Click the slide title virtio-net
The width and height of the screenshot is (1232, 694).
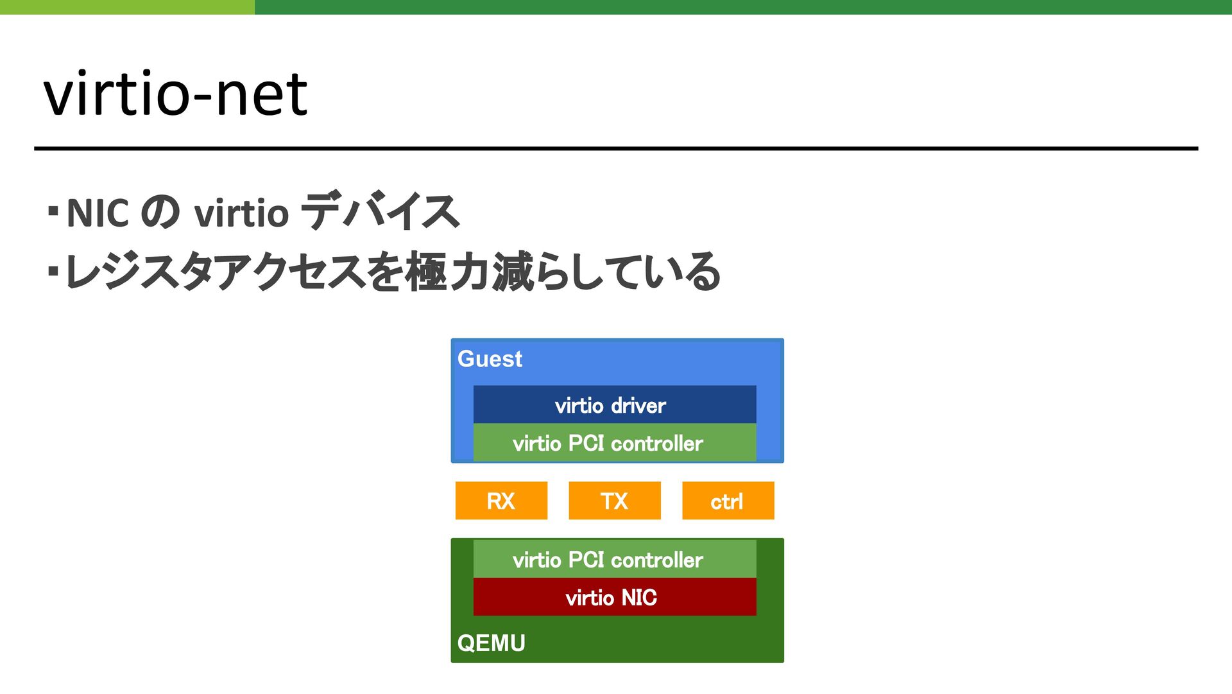[x=175, y=94]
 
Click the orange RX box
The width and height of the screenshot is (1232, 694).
[x=501, y=501]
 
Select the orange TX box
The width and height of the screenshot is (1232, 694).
[x=615, y=501]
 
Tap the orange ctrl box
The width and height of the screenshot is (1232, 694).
[x=728, y=501]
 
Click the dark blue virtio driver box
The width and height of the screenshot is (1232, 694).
[x=615, y=404]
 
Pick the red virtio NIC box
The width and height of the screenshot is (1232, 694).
[x=615, y=597]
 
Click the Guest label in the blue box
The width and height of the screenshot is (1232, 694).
[x=490, y=359]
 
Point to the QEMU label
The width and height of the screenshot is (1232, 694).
[x=491, y=643]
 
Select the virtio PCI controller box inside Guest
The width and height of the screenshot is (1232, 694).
[x=615, y=442]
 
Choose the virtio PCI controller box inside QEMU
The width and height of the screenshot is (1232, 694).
[x=615, y=559]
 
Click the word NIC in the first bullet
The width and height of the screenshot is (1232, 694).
[x=98, y=213]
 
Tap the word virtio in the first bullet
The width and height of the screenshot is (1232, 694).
[x=241, y=213]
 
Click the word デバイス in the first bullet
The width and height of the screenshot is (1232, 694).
[x=380, y=211]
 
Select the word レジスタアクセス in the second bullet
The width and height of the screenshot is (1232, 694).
[x=215, y=272]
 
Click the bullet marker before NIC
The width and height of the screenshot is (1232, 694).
[x=53, y=210]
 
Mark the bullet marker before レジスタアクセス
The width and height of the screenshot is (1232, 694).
[x=53, y=272]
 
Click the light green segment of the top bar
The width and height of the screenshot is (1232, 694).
[x=127, y=7]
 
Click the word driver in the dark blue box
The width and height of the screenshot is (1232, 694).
[x=638, y=406]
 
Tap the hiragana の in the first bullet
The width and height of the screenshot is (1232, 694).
[x=160, y=213]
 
